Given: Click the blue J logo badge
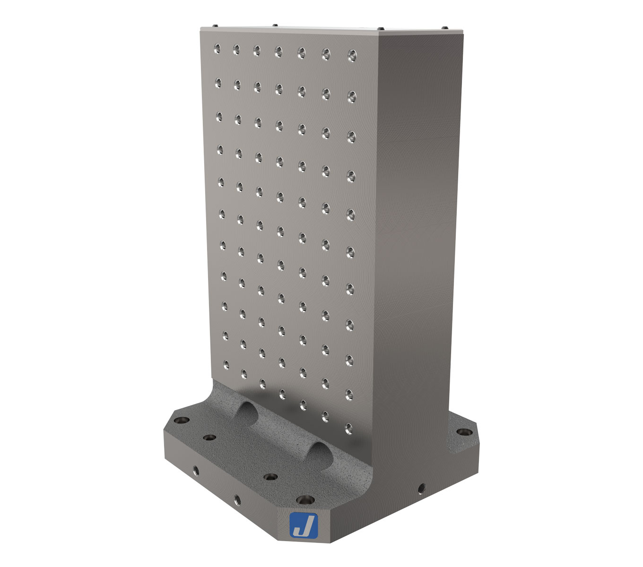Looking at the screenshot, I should tap(303, 524).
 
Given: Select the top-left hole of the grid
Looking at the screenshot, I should tap(217, 47).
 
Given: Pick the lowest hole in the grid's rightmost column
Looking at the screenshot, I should tap(349, 429).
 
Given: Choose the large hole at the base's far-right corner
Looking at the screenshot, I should tap(464, 432).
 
